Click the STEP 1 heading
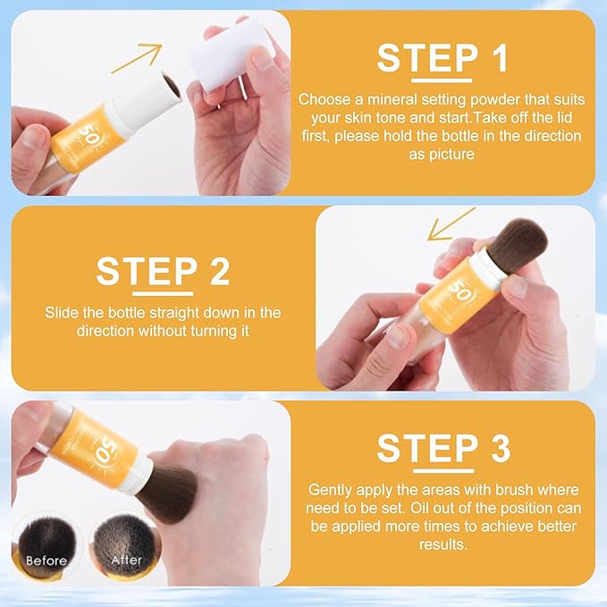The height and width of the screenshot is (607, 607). tap(443, 57)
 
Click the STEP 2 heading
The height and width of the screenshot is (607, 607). tap(163, 271)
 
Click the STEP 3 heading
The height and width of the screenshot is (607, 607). tap(443, 448)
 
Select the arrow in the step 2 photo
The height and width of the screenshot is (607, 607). tap(451, 224)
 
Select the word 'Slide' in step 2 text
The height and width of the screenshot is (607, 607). tap(62, 313)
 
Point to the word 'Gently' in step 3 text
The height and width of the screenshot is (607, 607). tap(328, 490)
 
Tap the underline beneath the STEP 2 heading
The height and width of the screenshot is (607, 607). tap(163, 292)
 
